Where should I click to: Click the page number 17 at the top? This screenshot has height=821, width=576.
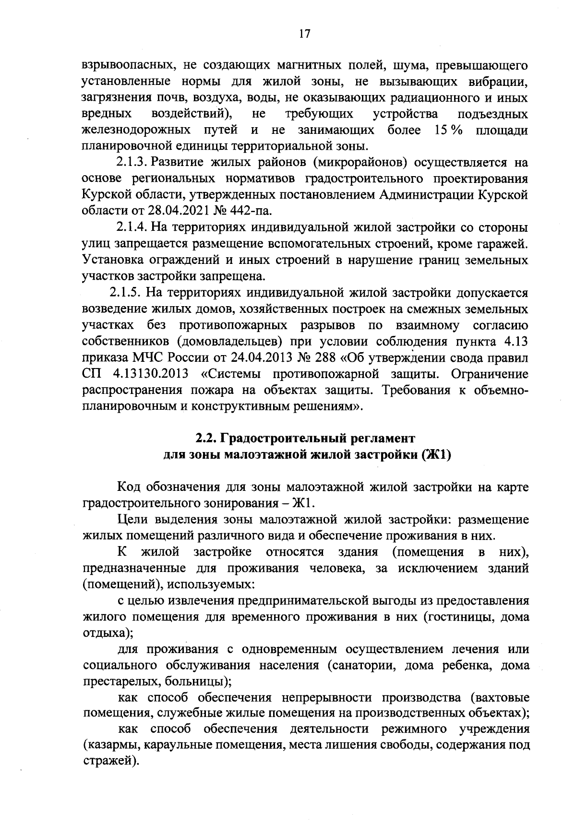click(x=304, y=34)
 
